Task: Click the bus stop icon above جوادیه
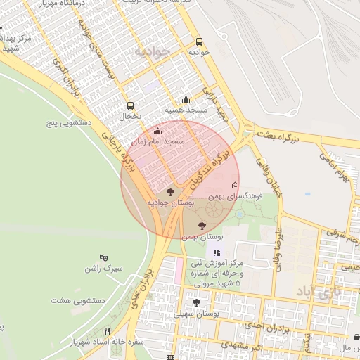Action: (x=199, y=41)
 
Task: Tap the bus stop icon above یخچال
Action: (x=131, y=106)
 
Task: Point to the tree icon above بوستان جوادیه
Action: (x=169, y=191)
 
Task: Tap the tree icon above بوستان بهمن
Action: (x=202, y=226)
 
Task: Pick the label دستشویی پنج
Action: (x=70, y=123)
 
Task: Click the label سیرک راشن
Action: (x=103, y=269)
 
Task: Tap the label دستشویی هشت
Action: (x=77, y=300)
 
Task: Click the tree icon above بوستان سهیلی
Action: (x=196, y=302)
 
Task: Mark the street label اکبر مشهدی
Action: (x=243, y=345)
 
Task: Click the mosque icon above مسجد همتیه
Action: (x=186, y=99)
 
